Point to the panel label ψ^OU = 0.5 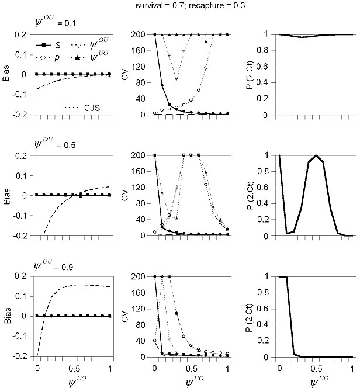[54, 144]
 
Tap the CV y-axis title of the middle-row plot [127, 195]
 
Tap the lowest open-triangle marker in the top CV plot [176, 79]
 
